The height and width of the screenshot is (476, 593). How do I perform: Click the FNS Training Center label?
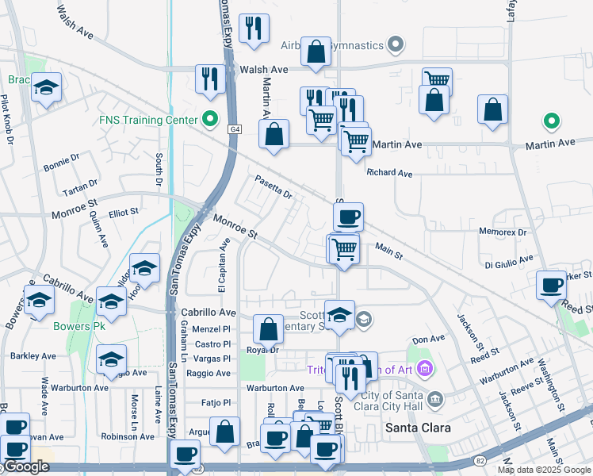point(147,120)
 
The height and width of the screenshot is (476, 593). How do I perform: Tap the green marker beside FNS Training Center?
point(210,120)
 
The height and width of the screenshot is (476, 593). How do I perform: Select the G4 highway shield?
point(235,129)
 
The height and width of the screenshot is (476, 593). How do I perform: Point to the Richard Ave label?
point(389,172)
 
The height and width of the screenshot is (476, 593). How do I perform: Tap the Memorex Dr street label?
point(503,232)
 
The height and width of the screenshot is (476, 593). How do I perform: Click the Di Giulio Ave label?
point(509,260)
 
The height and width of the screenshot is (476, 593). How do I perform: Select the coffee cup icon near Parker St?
point(551,285)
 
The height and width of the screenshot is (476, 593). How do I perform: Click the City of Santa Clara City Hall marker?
point(434,397)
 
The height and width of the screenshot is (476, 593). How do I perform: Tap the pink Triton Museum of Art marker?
point(425,368)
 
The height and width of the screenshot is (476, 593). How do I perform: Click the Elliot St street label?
point(124,213)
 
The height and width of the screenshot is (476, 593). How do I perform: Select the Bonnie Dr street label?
point(58,167)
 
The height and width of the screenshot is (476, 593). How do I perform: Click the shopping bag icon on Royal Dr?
point(269,328)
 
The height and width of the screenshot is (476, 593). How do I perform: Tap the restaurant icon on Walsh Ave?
point(210,79)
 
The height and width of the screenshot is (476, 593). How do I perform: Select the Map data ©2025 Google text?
point(543,470)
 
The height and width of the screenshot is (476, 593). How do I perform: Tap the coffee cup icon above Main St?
point(348,217)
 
